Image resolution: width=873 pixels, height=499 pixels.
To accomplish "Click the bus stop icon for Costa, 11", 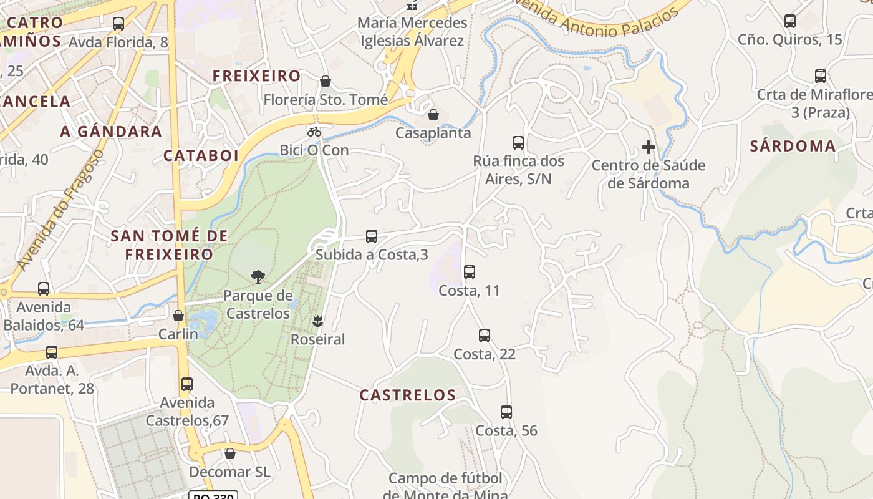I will click(470, 272).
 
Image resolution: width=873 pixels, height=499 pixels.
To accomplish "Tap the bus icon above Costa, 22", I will click(485, 336).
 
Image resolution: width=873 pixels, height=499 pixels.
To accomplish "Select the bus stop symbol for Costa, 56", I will click(506, 412).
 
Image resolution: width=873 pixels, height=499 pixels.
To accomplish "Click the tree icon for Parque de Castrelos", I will click(258, 277).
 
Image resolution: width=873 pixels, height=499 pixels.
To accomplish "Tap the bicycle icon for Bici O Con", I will click(314, 132).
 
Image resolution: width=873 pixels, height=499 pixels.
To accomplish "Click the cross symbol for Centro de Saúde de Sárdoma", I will click(649, 148).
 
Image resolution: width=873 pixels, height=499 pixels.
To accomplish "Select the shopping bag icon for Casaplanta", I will click(433, 115).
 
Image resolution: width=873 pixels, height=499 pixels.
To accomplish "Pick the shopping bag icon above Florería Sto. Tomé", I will click(326, 81).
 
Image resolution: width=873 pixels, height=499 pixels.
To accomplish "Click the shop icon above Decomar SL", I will click(230, 453).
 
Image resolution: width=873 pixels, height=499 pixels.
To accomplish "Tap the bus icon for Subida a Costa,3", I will click(372, 236).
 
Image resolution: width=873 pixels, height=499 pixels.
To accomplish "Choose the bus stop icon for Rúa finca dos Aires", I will click(518, 143).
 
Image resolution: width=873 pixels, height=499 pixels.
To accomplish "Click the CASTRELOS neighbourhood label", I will click(408, 395).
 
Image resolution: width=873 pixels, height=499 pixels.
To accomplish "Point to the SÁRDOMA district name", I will click(793, 146).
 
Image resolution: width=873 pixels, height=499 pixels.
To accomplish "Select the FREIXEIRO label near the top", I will click(257, 76).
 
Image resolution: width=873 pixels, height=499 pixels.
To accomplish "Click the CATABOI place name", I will click(201, 155).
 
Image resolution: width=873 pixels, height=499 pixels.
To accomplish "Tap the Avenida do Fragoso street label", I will click(60, 210).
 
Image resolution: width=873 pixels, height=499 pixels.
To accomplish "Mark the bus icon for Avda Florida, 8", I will click(118, 24).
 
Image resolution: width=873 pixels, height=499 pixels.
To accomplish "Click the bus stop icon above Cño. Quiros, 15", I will click(790, 21).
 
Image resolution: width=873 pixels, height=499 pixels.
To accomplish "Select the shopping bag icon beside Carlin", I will click(178, 316).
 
